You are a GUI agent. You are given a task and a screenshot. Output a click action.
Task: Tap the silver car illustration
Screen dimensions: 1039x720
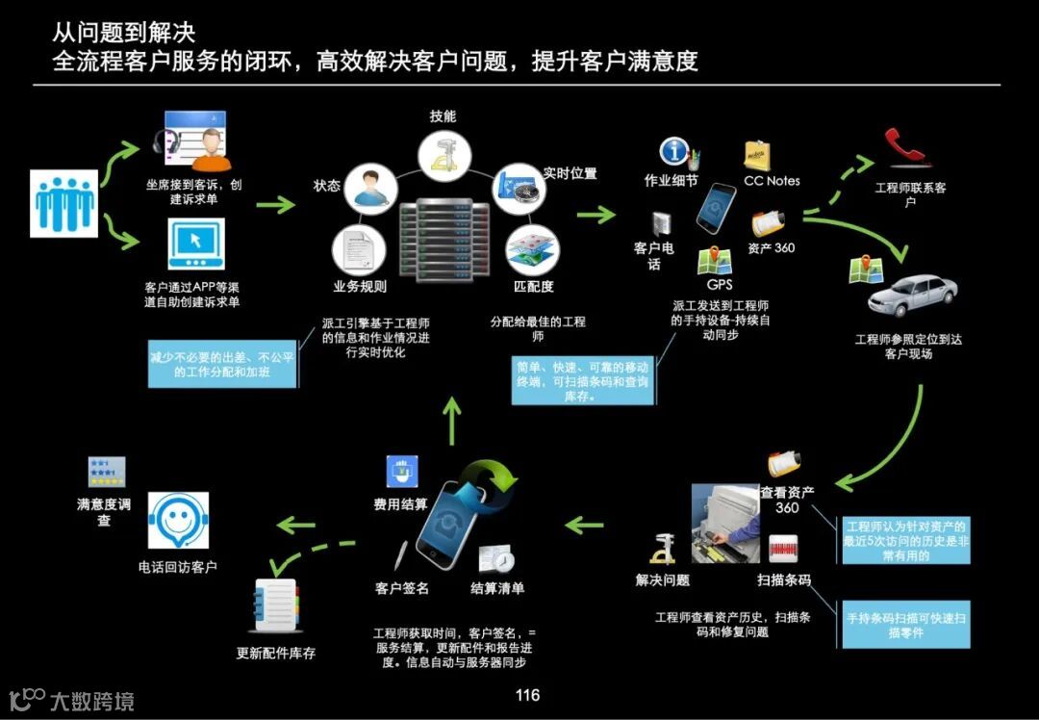pyautogui.click(x=911, y=296)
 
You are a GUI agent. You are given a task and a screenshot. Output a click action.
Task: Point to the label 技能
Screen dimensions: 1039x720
pyautogui.click(x=443, y=116)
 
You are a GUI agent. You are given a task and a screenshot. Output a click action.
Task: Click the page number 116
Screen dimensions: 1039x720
pyautogui.click(x=527, y=695)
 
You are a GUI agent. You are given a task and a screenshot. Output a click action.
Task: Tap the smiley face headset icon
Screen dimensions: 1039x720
pyautogui.click(x=178, y=521)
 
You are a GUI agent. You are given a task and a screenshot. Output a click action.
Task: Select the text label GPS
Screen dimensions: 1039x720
pyautogui.click(x=719, y=285)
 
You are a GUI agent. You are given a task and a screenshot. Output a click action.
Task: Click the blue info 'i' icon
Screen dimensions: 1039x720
pyautogui.click(x=674, y=152)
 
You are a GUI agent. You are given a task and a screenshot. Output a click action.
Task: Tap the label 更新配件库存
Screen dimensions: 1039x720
pyautogui.click(x=276, y=653)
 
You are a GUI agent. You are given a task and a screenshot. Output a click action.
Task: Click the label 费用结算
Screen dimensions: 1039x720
pyautogui.click(x=400, y=503)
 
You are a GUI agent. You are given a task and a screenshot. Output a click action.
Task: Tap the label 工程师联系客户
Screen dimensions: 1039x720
pyautogui.click(x=909, y=194)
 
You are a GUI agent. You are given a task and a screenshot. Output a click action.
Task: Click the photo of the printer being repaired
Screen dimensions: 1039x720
pyautogui.click(x=724, y=523)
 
